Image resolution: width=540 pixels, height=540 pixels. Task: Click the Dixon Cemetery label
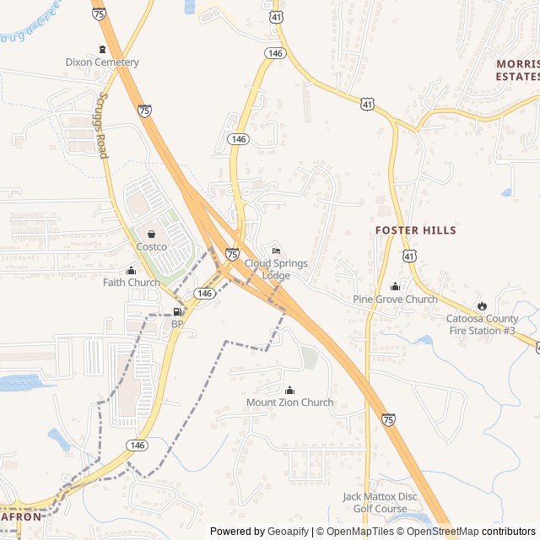click(x=101, y=62)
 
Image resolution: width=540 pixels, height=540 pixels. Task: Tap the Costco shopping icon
click(x=151, y=235)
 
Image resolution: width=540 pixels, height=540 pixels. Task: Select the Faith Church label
click(x=131, y=283)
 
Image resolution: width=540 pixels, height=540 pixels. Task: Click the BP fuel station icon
click(x=177, y=312)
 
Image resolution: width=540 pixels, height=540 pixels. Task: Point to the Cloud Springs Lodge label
click(x=276, y=269)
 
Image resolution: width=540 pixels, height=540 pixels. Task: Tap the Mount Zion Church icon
click(x=290, y=390)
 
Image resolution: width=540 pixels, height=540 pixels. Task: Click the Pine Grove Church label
click(x=395, y=300)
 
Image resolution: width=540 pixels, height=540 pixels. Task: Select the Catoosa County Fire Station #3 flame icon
click(x=482, y=305)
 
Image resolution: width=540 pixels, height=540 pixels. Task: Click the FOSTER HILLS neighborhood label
click(x=415, y=230)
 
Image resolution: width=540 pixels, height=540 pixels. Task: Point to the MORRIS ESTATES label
click(x=517, y=69)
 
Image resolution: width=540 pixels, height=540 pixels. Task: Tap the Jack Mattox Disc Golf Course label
click(x=380, y=502)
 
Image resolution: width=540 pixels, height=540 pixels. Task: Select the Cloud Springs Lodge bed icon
click(x=276, y=251)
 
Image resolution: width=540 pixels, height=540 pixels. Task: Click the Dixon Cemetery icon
click(x=102, y=49)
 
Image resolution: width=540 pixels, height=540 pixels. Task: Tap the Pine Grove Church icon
click(x=395, y=287)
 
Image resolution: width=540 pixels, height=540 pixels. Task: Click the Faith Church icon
click(x=131, y=270)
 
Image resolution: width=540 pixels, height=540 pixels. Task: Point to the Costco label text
click(x=152, y=246)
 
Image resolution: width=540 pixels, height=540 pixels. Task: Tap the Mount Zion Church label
click(x=289, y=402)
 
